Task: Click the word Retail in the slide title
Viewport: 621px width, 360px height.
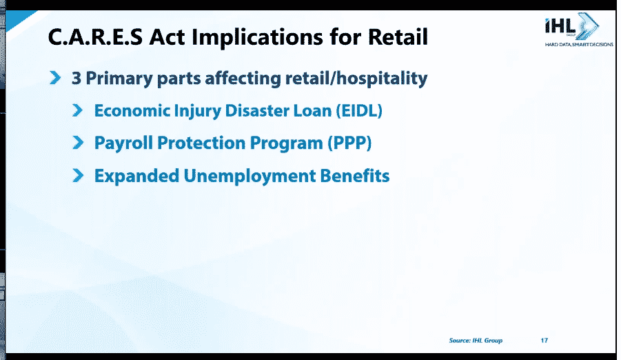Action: point(398,37)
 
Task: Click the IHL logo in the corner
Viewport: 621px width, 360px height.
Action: point(572,26)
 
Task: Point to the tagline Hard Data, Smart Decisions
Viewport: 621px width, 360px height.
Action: point(579,44)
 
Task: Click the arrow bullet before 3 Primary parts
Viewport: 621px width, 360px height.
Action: point(55,78)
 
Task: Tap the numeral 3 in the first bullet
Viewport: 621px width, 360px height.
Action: point(76,78)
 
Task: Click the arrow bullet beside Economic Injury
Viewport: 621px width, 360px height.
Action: point(78,110)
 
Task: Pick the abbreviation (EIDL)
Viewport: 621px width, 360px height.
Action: point(359,110)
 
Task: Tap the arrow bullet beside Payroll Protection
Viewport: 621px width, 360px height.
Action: point(78,143)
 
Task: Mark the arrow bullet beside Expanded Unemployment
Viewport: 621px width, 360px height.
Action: point(78,175)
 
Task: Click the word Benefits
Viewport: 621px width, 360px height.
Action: point(355,176)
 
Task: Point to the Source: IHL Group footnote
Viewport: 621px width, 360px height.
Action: point(476,340)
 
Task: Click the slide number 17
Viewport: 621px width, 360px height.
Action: point(544,340)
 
